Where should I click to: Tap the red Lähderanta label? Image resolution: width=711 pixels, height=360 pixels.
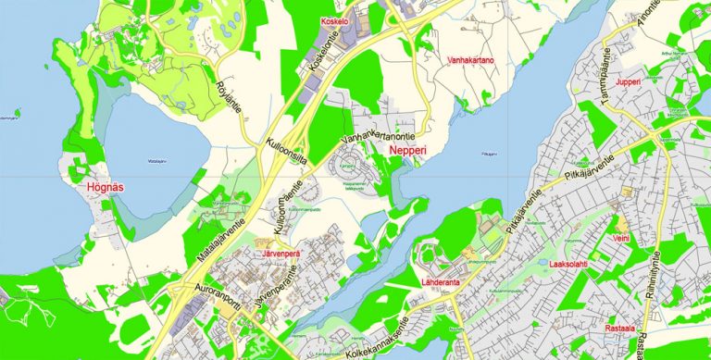[445, 280]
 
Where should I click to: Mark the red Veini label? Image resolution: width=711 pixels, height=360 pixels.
[621, 239]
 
